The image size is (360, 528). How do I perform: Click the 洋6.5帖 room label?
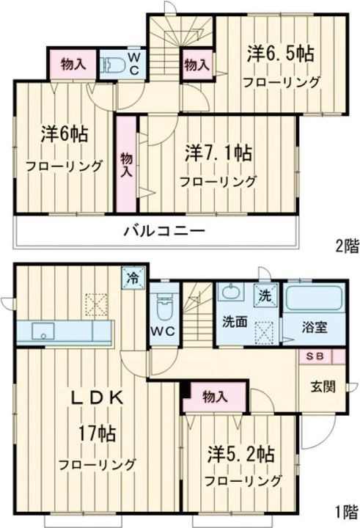click(281, 54)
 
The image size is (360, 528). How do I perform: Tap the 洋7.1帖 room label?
click(218, 153)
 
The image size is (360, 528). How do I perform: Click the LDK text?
click(96, 398)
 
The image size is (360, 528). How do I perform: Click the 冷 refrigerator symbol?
click(133, 279)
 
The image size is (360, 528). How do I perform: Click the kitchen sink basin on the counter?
click(41, 332)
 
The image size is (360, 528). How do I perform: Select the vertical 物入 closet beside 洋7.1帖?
click(125, 162)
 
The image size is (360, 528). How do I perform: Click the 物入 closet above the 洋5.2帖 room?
click(214, 397)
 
